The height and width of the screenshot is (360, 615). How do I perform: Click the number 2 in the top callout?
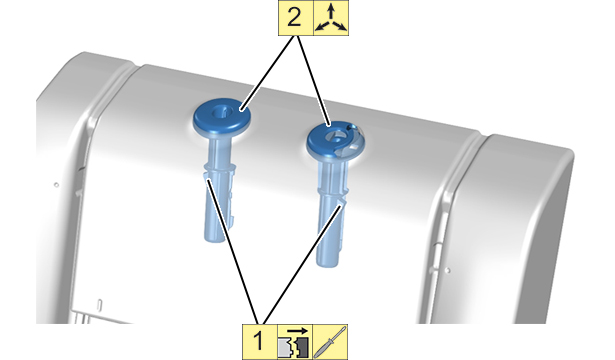click(x=294, y=18)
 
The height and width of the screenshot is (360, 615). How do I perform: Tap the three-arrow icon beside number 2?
click(x=331, y=18)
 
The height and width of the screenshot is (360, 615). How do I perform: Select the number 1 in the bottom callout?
click(x=258, y=341)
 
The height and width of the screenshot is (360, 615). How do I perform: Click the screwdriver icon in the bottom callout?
click(x=330, y=342)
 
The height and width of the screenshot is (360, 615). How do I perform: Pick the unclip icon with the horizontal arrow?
click(x=295, y=342)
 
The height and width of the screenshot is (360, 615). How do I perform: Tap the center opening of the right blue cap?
click(x=335, y=136)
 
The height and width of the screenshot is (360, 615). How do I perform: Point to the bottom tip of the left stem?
click(x=214, y=239)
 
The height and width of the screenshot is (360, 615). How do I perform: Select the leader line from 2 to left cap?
click(x=268, y=72)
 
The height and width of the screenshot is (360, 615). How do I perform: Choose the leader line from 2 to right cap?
click(x=313, y=80)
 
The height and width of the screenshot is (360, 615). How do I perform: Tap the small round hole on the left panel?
click(x=56, y=184)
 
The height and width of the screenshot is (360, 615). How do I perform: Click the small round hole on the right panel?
click(x=448, y=270)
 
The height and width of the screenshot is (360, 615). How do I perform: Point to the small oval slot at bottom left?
click(x=99, y=305)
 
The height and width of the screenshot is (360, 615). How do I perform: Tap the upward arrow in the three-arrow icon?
click(x=331, y=11)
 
